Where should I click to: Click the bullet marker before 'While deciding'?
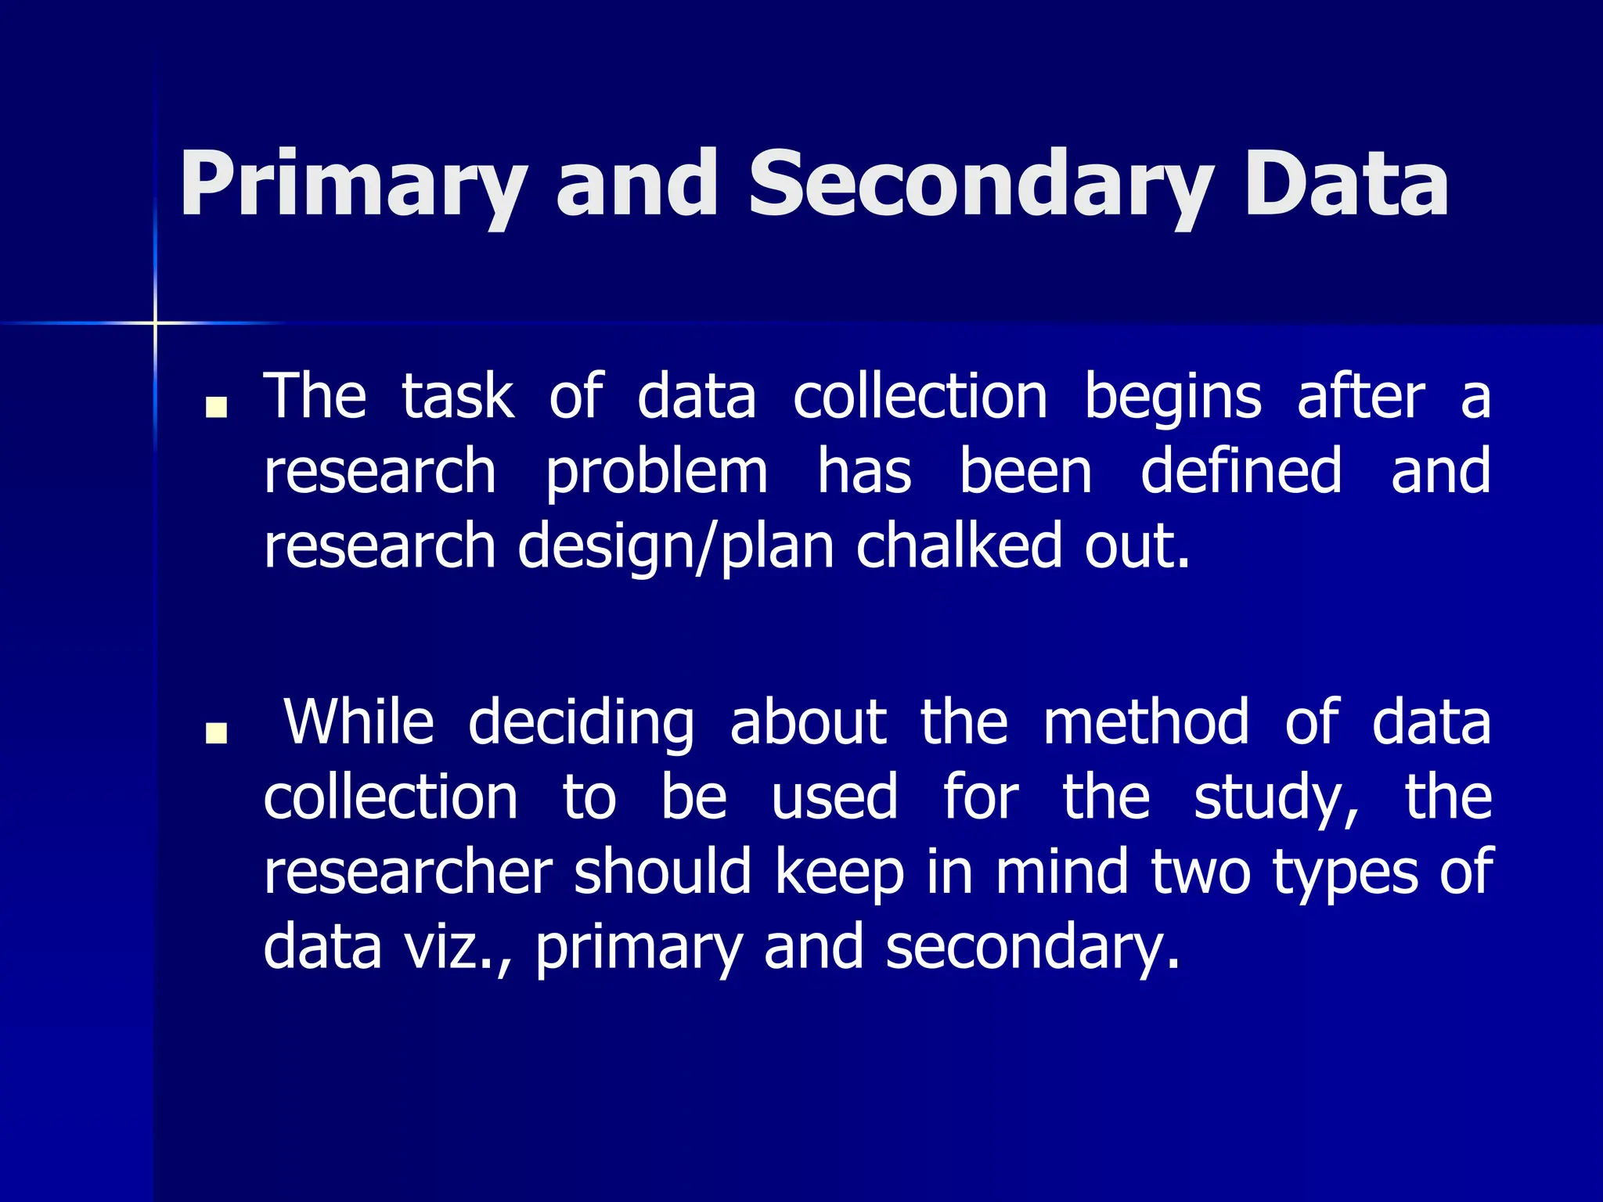click(216, 732)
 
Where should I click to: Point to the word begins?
click(1172, 398)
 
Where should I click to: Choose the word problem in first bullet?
click(656, 472)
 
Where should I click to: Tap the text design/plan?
click(675, 546)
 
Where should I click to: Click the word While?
click(358, 722)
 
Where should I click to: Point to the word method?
click(1146, 722)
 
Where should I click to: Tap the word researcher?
click(408, 872)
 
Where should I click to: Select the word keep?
click(839, 873)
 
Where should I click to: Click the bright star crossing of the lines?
click(155, 322)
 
